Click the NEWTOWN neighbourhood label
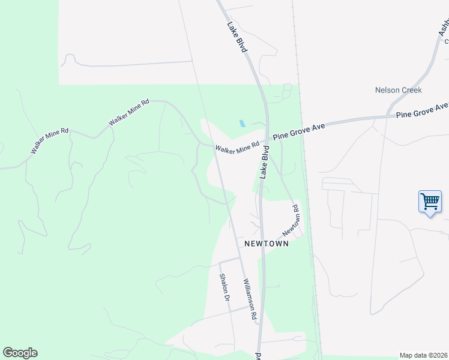[266, 244]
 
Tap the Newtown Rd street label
[291, 221]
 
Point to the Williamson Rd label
[250, 298]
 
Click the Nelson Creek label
[399, 90]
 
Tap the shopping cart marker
[430, 202]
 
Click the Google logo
[20, 353]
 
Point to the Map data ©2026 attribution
[424, 355]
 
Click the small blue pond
[242, 124]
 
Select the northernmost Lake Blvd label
[238, 37]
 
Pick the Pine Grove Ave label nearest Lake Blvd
[299, 131]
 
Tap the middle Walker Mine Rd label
[128, 112]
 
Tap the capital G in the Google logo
[8, 353]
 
